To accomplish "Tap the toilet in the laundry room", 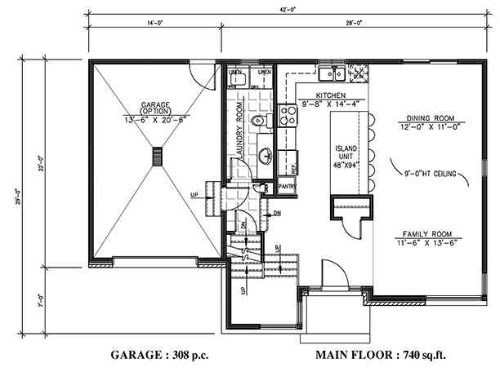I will click(x=259, y=122).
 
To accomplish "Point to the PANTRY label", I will click(x=286, y=186).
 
